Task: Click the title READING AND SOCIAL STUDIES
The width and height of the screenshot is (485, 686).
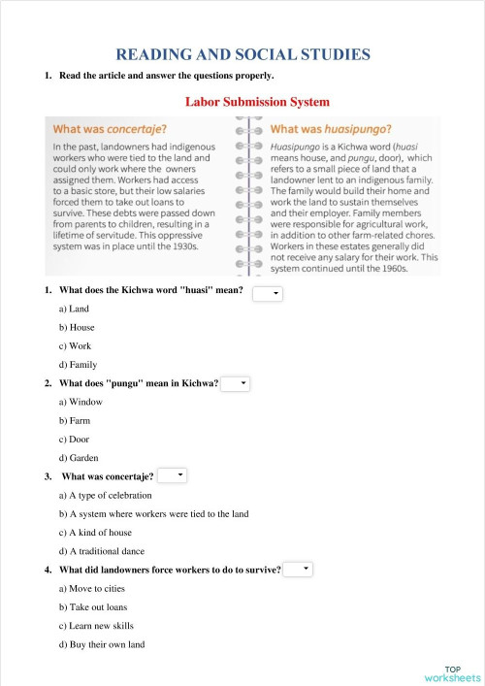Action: [x=242, y=54]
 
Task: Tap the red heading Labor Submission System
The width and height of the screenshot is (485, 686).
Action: [x=257, y=101]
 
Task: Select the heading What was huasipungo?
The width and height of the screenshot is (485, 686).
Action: [x=331, y=129]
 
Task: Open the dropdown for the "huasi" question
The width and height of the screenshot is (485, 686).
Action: [x=267, y=292]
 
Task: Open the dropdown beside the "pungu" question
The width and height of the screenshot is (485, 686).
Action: [x=236, y=384]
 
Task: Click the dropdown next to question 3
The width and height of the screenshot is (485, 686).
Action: [x=172, y=475]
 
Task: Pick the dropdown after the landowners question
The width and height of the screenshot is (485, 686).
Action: [x=298, y=569]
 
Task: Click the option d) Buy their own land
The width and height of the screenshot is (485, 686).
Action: [x=102, y=644]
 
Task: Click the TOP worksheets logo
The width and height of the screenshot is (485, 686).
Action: [x=451, y=673]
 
